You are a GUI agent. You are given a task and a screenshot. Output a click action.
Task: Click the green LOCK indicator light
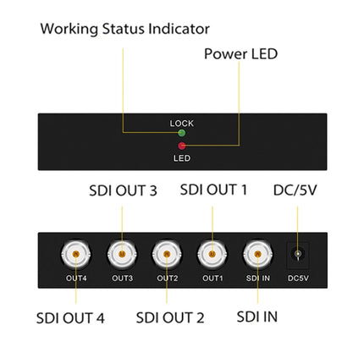(x=182, y=133)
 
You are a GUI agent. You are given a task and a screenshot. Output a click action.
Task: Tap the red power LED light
(x=182, y=146)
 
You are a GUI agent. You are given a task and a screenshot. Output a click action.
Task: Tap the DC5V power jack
(x=298, y=254)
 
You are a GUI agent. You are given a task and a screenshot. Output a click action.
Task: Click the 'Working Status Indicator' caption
(x=124, y=29)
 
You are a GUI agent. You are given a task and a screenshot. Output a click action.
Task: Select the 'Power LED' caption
(x=240, y=53)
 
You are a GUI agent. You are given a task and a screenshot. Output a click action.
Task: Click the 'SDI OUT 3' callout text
(x=123, y=190)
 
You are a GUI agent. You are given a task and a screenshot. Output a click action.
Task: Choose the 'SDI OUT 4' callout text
(x=71, y=318)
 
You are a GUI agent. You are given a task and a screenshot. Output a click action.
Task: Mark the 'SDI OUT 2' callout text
(x=170, y=318)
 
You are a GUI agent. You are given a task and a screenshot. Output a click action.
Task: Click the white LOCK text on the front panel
(x=182, y=124)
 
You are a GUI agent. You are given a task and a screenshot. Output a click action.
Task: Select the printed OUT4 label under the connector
(x=76, y=279)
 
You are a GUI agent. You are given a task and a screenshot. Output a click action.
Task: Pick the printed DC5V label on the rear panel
(x=298, y=279)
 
